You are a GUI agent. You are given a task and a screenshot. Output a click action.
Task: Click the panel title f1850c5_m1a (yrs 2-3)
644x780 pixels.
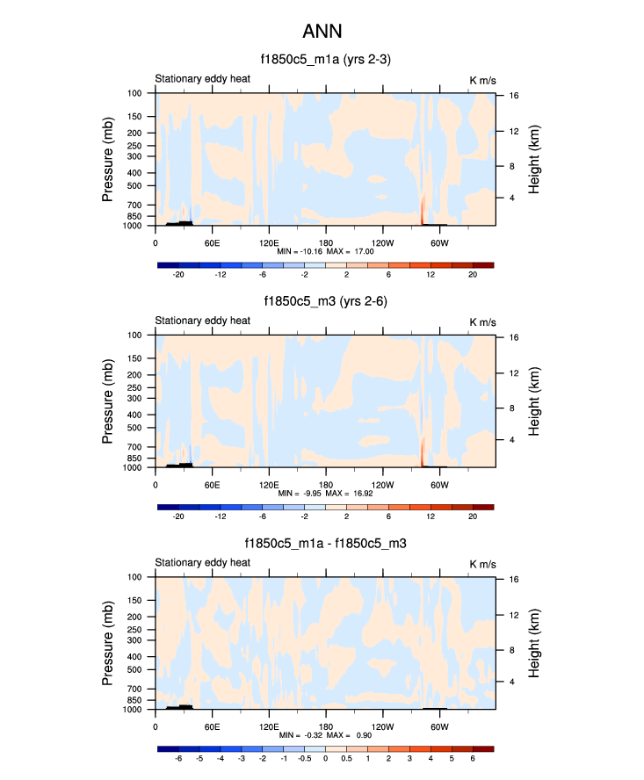point(325,60)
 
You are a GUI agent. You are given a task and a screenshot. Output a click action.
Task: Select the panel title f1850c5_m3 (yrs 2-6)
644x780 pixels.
point(325,302)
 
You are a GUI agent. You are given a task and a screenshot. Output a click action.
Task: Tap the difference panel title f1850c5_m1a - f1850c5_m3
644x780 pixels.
point(325,545)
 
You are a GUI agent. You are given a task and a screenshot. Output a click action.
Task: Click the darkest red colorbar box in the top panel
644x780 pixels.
point(483,264)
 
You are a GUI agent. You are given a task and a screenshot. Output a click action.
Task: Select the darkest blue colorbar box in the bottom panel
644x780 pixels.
point(168,748)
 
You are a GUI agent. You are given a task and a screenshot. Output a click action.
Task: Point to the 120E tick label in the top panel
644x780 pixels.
point(269,242)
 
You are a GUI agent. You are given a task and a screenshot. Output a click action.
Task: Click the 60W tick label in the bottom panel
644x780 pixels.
point(440,726)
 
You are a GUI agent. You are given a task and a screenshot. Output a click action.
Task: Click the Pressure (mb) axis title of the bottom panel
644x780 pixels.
point(109,643)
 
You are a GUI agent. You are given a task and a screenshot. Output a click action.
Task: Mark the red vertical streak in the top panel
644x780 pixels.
point(423,211)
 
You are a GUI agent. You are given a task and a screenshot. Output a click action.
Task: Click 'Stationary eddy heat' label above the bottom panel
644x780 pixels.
point(203,563)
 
